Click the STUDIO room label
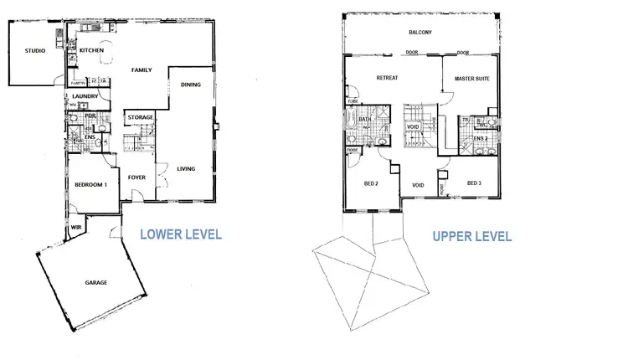[x=34, y=51]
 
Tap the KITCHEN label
[x=91, y=51]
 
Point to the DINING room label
[x=191, y=84]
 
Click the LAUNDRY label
[x=85, y=96]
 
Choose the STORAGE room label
[x=140, y=116]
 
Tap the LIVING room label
[x=186, y=169]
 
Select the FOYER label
[x=136, y=177]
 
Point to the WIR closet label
[x=75, y=227]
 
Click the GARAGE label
[x=95, y=283]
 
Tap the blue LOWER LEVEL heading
[x=180, y=234]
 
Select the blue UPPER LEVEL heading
[x=471, y=236]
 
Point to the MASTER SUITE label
[x=471, y=79]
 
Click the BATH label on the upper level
[x=365, y=120]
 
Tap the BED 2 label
[x=371, y=183]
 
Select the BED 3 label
[x=474, y=183]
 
